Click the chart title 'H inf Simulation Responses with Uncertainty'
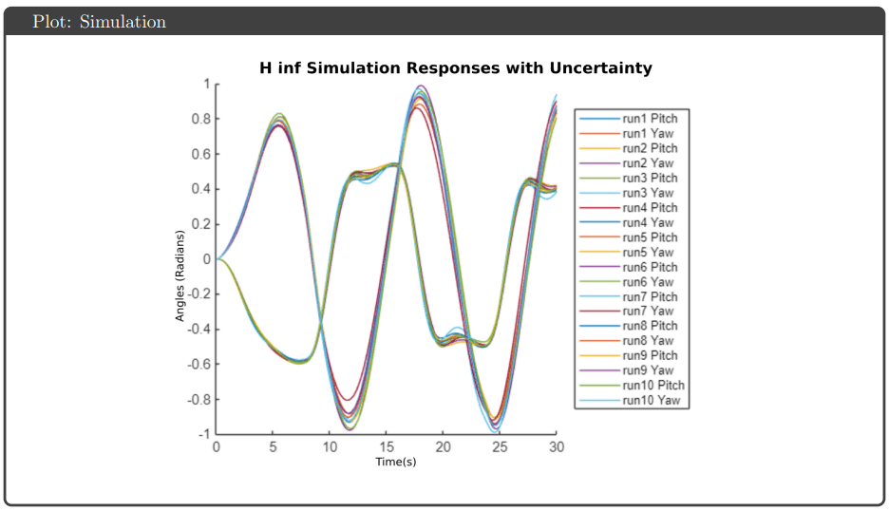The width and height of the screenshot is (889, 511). [x=455, y=68]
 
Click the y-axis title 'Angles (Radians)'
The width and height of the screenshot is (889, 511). [x=180, y=275]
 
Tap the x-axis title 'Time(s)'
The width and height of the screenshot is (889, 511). [x=395, y=462]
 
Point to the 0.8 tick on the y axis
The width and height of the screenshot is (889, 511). [x=199, y=119]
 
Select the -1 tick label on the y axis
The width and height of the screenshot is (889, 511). [x=202, y=434]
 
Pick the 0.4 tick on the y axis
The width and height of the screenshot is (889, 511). [x=199, y=189]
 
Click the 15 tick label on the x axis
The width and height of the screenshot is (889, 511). [x=387, y=447]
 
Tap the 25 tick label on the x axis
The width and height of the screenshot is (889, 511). [x=500, y=447]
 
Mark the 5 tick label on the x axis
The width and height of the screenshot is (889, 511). [x=274, y=447]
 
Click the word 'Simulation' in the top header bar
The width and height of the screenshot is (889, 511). [x=123, y=21]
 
